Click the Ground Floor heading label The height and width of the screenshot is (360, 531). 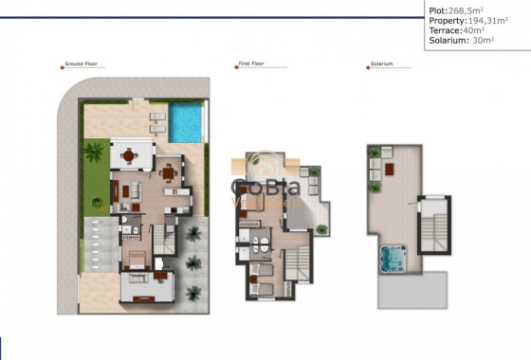[82, 64]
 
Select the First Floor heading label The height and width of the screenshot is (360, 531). [250, 64]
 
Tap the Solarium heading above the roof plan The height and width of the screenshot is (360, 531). [381, 64]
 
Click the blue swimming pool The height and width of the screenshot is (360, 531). [187, 122]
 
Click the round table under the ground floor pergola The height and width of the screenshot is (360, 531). [128, 155]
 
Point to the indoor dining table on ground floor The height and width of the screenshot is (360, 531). [169, 171]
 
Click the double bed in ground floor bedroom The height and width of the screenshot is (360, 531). [136, 261]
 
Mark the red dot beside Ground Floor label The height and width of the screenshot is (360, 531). [61, 64]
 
